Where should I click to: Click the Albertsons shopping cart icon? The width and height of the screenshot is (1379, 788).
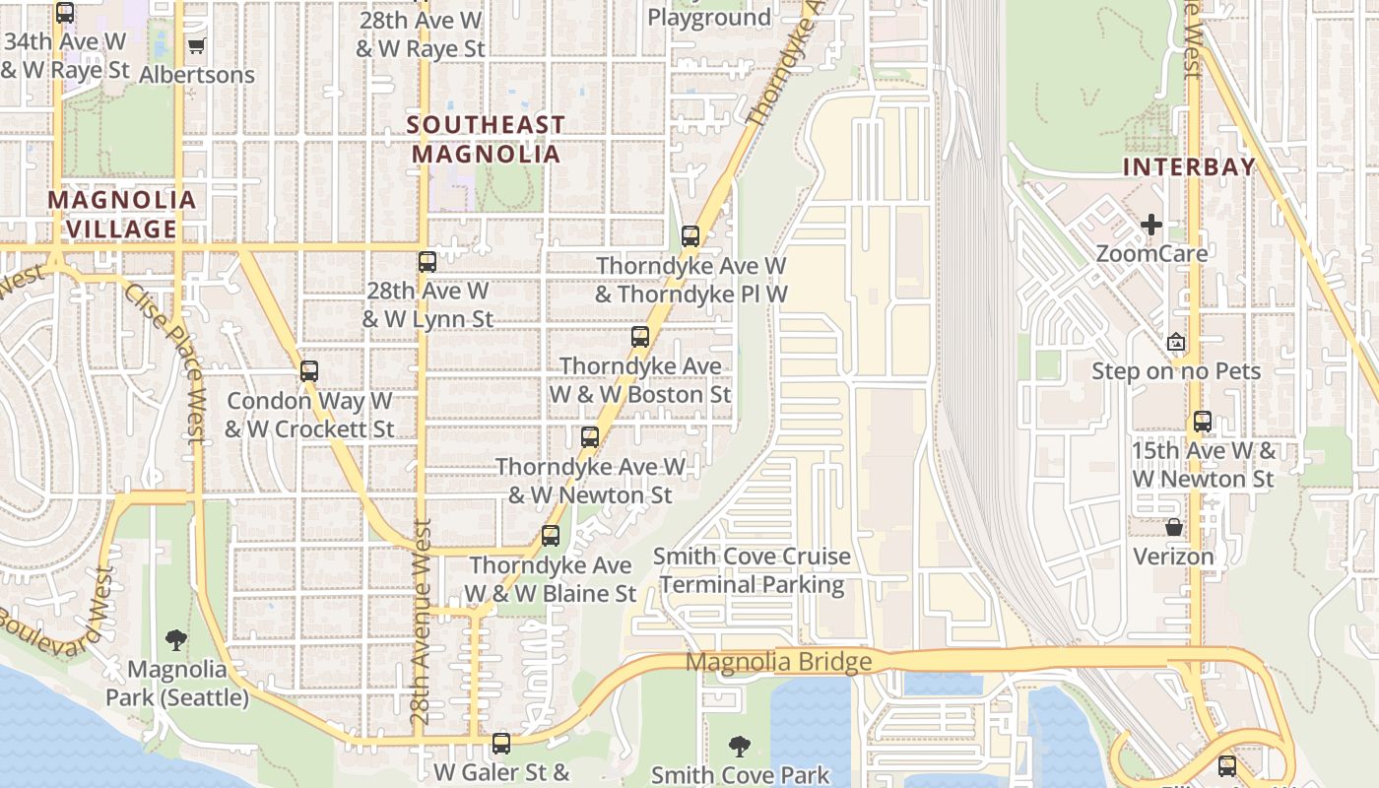(196, 45)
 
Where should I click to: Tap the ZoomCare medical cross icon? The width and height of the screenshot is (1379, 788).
(1150, 225)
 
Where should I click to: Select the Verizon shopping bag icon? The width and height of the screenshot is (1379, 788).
(1173, 528)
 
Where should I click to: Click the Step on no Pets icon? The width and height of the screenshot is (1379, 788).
(1175, 342)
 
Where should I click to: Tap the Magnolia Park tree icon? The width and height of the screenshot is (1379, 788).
(176, 640)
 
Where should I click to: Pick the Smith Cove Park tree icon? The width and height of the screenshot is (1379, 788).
(738, 747)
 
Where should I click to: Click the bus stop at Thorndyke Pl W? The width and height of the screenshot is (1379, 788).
(690, 236)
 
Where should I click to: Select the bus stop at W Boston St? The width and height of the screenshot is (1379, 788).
(640, 337)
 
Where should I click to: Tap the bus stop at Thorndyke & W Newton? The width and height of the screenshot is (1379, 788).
(590, 437)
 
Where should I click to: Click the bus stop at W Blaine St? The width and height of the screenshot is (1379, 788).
(551, 536)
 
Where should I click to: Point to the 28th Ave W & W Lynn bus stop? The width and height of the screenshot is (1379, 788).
(427, 262)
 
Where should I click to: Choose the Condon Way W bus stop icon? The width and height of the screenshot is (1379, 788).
(309, 371)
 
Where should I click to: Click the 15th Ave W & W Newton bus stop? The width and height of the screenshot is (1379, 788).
(1203, 422)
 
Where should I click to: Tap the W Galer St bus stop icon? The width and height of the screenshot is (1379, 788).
(501, 743)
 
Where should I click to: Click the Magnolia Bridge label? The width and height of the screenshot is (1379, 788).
(778, 662)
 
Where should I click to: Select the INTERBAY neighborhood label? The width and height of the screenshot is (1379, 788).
(1189, 166)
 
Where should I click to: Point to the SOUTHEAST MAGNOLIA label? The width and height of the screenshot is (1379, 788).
(486, 139)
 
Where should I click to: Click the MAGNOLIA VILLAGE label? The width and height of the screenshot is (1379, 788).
(122, 214)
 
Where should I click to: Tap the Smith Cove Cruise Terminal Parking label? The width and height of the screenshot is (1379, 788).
(753, 570)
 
